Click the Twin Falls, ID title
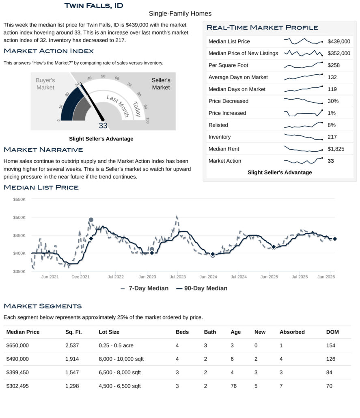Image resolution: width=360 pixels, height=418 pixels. click(94, 6)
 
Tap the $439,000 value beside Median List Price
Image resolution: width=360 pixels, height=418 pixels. click(338, 41)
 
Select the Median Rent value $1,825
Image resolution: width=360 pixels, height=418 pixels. click(336, 149)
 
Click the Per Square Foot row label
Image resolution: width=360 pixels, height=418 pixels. click(228, 65)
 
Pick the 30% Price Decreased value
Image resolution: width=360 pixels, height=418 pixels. click(333, 101)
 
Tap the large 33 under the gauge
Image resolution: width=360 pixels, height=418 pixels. click(103, 126)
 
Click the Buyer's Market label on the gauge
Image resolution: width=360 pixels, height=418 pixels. click(45, 84)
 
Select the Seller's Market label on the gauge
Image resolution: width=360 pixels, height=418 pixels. click(161, 84)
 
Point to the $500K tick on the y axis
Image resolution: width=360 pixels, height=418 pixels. click(19, 218)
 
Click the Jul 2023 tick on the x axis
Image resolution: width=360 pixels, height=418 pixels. click(178, 277)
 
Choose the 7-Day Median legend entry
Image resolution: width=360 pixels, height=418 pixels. click(144, 289)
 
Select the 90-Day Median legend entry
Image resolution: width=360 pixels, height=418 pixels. click(202, 289)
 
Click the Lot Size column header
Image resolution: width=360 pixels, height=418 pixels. click(109, 332)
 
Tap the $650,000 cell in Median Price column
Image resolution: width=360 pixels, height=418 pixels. click(18, 345)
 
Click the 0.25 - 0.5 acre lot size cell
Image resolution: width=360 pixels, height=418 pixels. click(116, 345)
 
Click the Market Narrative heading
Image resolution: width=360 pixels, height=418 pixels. click(43, 150)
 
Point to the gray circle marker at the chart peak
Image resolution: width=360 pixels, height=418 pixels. click(91, 220)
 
